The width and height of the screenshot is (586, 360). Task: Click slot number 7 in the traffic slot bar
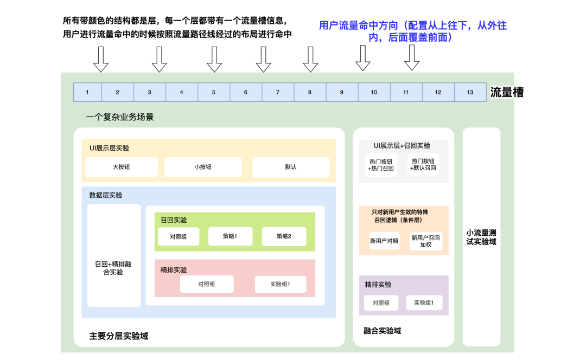(x=278, y=92)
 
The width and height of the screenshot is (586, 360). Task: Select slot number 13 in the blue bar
(x=470, y=92)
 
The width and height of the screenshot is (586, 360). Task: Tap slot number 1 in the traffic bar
(x=87, y=92)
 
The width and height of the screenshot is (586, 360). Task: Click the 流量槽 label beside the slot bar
(x=507, y=92)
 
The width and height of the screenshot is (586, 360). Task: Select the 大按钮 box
(x=122, y=167)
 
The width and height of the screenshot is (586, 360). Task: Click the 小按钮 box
(x=202, y=167)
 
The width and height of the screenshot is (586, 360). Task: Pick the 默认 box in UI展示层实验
(x=291, y=167)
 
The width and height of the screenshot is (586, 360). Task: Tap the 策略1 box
(x=230, y=236)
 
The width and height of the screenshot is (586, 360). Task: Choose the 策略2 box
(x=284, y=236)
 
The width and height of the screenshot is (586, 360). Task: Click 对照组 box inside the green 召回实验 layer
(x=179, y=236)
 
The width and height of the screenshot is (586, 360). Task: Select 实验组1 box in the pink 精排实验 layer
(x=281, y=284)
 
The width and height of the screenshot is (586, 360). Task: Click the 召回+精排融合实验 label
(x=113, y=268)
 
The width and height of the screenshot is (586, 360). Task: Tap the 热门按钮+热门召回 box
(x=381, y=165)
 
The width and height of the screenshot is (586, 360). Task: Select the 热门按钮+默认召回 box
(x=423, y=165)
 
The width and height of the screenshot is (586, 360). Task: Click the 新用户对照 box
(x=384, y=241)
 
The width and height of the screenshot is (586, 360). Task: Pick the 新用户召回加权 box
(x=425, y=241)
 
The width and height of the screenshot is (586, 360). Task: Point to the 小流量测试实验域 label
(x=481, y=237)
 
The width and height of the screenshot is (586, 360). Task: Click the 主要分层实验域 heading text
(x=118, y=336)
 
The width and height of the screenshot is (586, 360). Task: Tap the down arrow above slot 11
(x=412, y=57)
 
